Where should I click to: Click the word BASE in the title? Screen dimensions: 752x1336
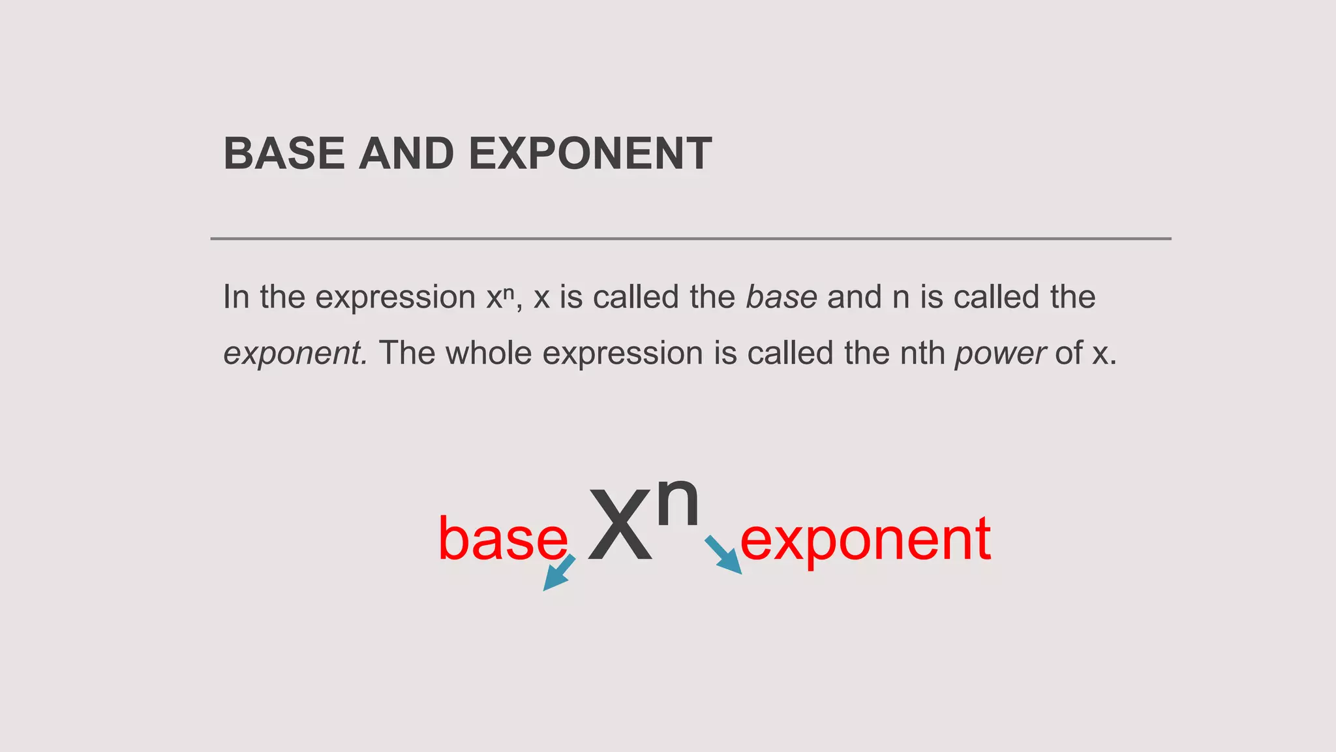[284, 154]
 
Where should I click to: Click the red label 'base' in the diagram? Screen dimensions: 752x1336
[502, 539]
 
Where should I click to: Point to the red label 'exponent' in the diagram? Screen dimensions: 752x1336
[865, 539]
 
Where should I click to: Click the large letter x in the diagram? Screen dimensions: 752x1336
[620, 525]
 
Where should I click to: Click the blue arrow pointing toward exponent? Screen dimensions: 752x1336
[723, 556]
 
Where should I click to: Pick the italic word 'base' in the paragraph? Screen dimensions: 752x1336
[781, 297]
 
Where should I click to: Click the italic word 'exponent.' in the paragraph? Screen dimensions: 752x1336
[296, 354]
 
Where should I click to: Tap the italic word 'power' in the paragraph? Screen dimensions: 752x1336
[1000, 354]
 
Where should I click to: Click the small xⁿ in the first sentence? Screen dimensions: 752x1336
[500, 297]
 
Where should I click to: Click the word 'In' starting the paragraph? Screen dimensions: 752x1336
[236, 297]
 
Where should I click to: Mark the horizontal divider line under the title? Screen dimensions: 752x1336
[690, 239]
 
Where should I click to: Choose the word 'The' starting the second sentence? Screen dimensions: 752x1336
[407, 353]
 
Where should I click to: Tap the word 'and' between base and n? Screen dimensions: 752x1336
[854, 297]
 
